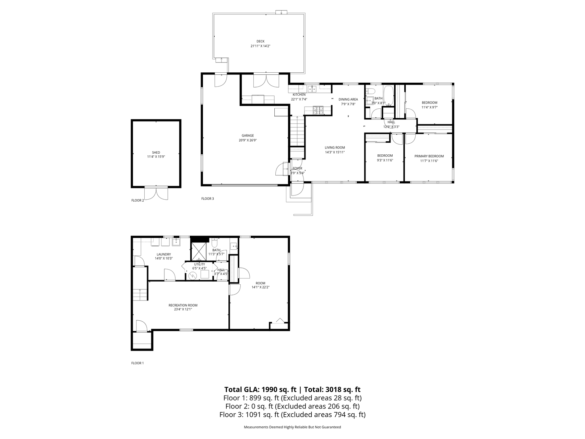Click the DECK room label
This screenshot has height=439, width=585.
tap(260, 41)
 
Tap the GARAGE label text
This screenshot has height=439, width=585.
tap(248, 135)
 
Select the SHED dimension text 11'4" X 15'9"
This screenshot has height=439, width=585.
tap(156, 157)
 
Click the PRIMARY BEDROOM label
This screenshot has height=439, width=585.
tap(429, 156)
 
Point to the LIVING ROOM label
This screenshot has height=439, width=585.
tap(335, 147)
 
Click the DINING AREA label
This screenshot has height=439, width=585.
tap(348, 99)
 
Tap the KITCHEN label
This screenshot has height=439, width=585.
tap(299, 95)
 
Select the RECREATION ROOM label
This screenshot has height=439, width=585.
tap(183, 305)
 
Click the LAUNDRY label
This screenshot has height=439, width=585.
tap(164, 254)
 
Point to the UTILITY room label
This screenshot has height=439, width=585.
tap(200, 264)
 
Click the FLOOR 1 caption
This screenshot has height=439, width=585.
tap(138, 363)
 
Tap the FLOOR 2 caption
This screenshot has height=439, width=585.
tap(138, 200)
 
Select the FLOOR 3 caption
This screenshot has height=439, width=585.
tap(207, 198)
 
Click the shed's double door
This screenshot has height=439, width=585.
tap(156, 193)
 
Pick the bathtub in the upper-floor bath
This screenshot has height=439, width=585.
tap(389, 95)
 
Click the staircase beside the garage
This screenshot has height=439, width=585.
tap(297, 131)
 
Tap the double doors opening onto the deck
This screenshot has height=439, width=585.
tap(266, 81)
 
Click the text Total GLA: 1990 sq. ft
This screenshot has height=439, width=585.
tap(260, 390)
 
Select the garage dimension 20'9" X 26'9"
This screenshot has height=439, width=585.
tap(248, 140)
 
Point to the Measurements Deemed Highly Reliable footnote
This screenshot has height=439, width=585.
tap(292, 427)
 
